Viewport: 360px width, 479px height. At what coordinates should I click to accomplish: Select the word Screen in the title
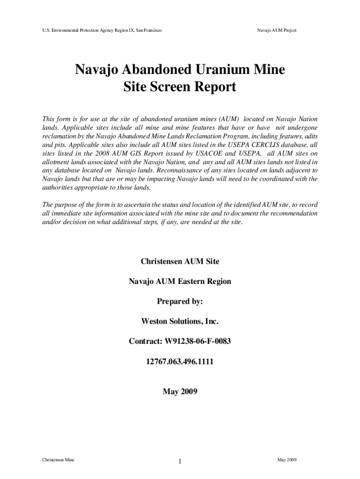click(170, 87)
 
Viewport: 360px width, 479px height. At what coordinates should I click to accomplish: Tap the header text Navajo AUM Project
click(277, 30)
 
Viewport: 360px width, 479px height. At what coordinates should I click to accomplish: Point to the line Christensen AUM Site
click(180, 261)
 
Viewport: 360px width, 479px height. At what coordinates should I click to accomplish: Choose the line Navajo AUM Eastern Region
click(180, 281)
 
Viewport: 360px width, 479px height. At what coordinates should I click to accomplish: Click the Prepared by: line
click(180, 301)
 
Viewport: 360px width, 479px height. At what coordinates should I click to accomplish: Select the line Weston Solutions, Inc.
click(180, 321)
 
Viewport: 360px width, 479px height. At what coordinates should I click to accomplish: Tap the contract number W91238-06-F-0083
click(197, 341)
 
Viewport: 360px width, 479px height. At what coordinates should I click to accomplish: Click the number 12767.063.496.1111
click(180, 361)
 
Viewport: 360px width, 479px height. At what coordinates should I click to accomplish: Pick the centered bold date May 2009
click(180, 391)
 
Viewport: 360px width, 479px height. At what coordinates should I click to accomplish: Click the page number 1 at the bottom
click(180, 463)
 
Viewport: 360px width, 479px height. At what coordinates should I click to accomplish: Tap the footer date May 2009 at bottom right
click(287, 460)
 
